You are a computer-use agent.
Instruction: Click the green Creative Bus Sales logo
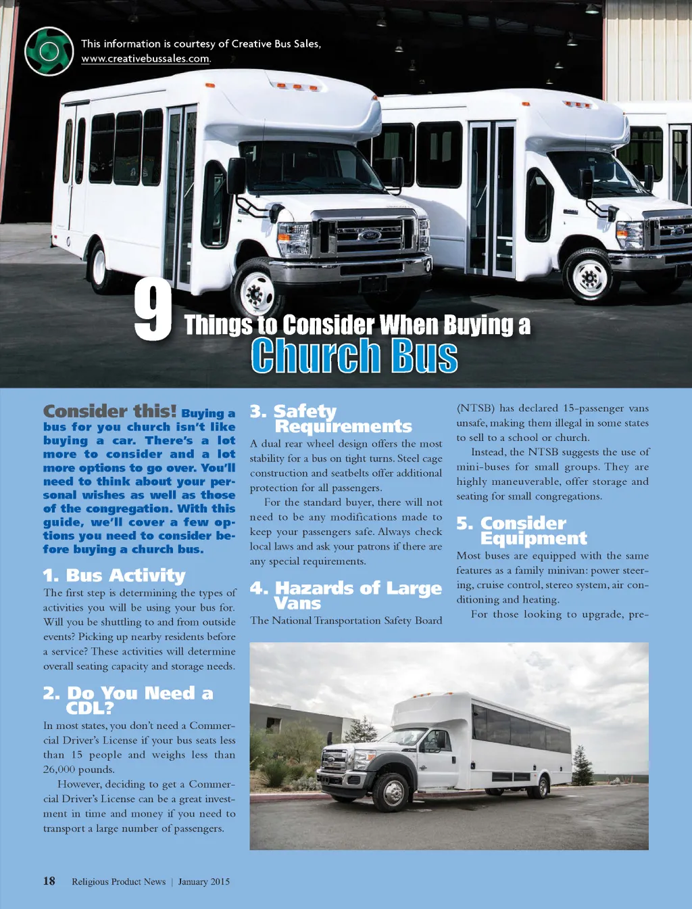click(49, 51)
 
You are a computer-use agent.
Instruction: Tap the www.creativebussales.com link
click(145, 59)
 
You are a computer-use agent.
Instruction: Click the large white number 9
click(153, 311)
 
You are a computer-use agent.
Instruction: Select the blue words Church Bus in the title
click(354, 356)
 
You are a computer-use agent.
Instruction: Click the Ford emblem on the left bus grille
click(370, 235)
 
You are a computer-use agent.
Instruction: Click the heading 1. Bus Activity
click(114, 576)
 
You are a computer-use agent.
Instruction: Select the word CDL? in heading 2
click(90, 708)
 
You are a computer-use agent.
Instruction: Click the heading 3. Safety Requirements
click(330, 419)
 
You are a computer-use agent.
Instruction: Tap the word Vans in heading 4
click(297, 603)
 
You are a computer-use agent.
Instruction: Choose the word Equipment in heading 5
click(533, 538)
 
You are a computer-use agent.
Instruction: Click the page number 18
click(49, 881)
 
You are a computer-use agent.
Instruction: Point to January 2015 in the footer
click(204, 882)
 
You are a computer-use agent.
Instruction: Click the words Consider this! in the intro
click(109, 411)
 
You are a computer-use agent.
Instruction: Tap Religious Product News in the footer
click(119, 882)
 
